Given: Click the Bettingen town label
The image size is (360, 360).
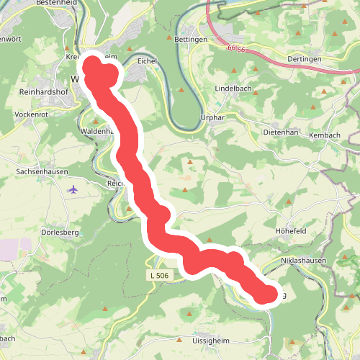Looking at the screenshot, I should click(191, 39).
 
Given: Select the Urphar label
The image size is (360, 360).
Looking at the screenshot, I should click(215, 118).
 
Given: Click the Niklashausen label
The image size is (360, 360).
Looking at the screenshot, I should click(303, 260).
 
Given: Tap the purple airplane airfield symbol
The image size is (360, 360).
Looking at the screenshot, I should click(73, 189).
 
